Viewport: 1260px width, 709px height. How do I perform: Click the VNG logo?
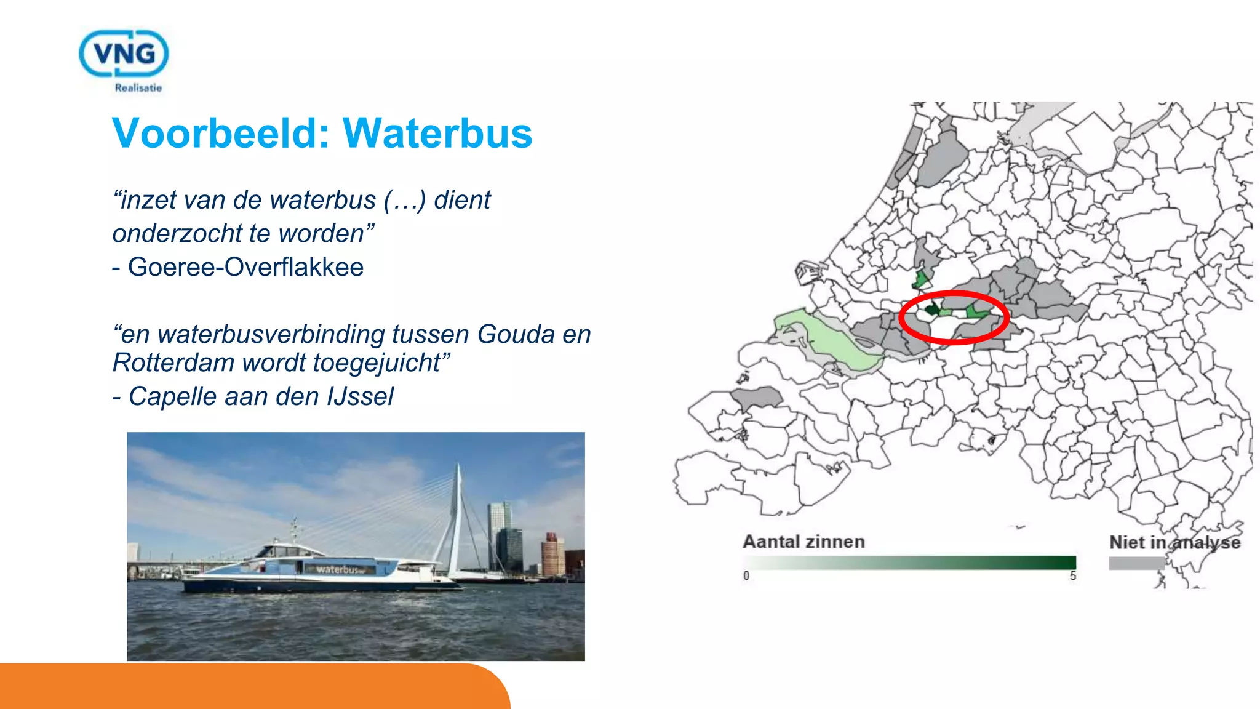click(124, 54)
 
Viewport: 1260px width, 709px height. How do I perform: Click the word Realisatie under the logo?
click(138, 88)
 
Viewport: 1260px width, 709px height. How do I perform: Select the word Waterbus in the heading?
click(437, 133)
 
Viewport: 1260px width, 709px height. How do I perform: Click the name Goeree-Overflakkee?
click(245, 267)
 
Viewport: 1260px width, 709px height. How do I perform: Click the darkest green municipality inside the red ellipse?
click(932, 308)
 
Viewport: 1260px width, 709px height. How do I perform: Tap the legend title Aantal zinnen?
click(803, 542)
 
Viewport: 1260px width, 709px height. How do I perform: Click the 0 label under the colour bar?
click(746, 576)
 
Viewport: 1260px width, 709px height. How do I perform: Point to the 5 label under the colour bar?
click(1072, 576)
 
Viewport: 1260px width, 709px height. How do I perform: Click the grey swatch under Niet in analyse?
click(1136, 563)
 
